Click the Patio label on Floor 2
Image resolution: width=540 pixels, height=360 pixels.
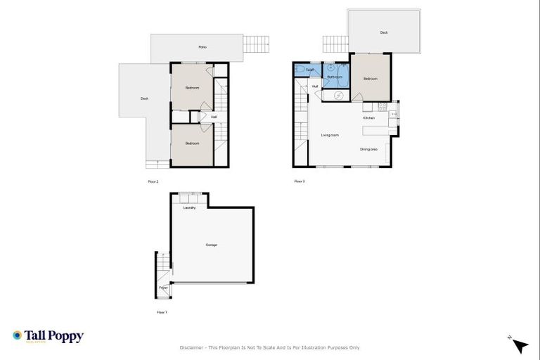(x=202, y=47)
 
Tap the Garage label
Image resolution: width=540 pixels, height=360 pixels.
(x=211, y=245)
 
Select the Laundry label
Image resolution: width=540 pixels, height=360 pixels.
(x=189, y=208)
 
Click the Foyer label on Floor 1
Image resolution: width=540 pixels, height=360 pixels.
(x=163, y=288)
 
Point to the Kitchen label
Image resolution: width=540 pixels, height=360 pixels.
(x=369, y=117)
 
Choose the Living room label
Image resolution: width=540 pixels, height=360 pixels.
(x=330, y=135)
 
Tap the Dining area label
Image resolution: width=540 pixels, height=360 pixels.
(x=369, y=149)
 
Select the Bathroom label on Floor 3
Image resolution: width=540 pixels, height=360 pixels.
(x=335, y=77)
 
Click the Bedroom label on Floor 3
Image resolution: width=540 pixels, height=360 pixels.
(x=371, y=79)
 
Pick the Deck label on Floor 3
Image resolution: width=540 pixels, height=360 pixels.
(x=384, y=32)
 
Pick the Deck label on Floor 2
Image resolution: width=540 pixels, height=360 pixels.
(x=144, y=98)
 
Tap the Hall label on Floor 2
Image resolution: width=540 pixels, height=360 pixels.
(x=214, y=117)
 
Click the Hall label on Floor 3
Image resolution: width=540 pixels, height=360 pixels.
(x=315, y=86)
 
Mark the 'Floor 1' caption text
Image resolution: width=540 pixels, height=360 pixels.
(x=162, y=311)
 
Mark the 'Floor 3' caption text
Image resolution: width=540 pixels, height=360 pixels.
(x=300, y=181)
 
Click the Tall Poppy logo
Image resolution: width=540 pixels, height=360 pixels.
(x=48, y=336)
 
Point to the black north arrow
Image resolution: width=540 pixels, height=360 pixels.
(x=520, y=345)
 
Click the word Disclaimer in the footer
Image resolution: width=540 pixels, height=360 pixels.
(x=192, y=347)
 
